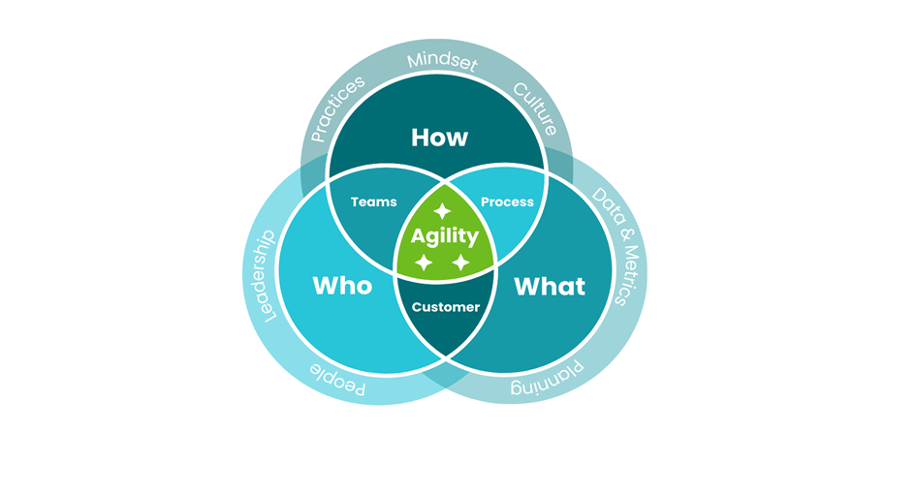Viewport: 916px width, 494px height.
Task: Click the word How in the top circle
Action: pyautogui.click(x=439, y=138)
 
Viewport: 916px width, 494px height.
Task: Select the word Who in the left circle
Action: pyautogui.click(x=341, y=286)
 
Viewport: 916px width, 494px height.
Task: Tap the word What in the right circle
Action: pyautogui.click(x=550, y=286)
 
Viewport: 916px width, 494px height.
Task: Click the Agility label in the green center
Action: pyautogui.click(x=445, y=235)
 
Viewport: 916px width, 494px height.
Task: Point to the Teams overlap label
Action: pyautogui.click(x=374, y=201)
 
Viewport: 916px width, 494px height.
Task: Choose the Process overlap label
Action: pyautogui.click(x=507, y=201)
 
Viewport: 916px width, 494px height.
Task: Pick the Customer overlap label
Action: pyautogui.click(x=446, y=307)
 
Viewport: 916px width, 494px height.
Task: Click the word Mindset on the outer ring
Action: pyautogui.click(x=441, y=60)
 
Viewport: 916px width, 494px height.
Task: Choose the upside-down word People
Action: pyautogui.click(x=338, y=378)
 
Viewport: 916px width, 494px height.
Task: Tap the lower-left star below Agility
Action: pyautogui.click(x=424, y=262)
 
